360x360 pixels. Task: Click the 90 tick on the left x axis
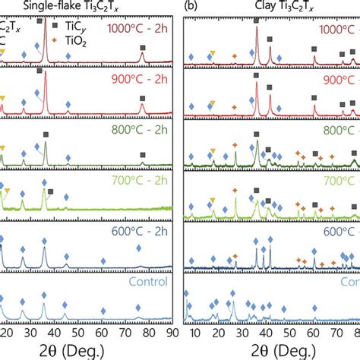(172, 331)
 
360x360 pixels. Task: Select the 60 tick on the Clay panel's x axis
(313, 331)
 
